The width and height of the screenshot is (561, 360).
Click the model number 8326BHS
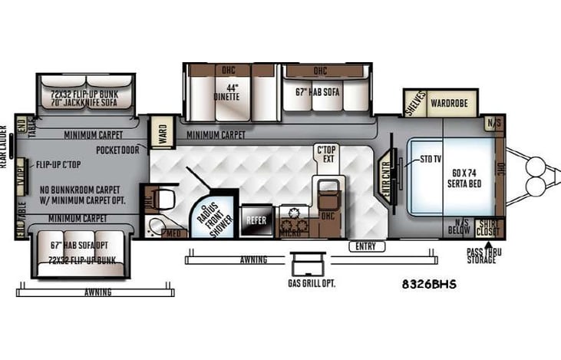point(428,284)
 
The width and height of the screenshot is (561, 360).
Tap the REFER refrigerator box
point(256,219)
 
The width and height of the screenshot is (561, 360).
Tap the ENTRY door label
point(365,246)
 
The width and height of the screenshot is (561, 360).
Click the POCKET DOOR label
point(119,150)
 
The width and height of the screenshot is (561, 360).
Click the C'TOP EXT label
point(327,154)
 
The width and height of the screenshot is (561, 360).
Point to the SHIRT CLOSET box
point(487,228)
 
